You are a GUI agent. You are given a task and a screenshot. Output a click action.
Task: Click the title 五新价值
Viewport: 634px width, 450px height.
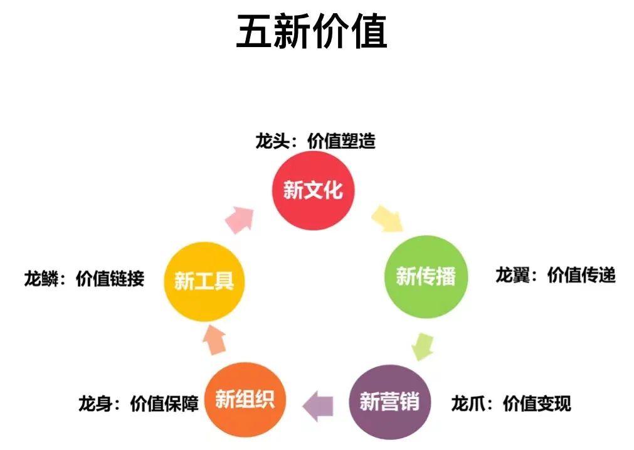click(311, 33)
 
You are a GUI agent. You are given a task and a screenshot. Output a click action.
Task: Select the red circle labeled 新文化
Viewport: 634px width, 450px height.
click(313, 190)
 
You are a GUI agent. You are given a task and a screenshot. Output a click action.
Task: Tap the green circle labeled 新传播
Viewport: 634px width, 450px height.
click(426, 276)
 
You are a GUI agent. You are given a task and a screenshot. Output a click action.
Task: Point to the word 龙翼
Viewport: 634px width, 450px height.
click(512, 275)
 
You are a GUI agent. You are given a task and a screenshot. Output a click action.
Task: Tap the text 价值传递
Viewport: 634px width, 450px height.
click(581, 275)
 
